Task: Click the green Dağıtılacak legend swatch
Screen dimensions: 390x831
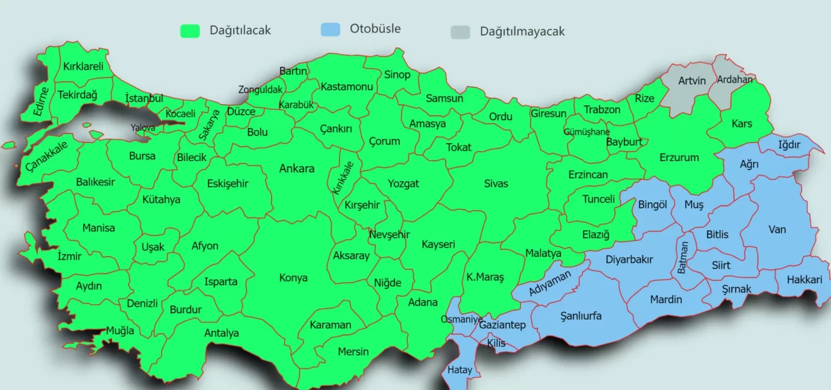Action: tap(190, 31)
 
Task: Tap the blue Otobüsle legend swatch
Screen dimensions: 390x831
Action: tap(330, 29)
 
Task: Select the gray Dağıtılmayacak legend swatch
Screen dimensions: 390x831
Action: tap(460, 32)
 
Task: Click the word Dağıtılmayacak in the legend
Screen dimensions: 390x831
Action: tap(522, 31)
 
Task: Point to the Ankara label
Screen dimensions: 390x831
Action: tap(297, 169)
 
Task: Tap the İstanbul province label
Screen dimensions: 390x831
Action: tap(144, 98)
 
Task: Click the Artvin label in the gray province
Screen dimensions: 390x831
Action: tap(692, 81)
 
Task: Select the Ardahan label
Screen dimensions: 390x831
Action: tap(734, 80)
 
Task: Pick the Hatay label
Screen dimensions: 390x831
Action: tap(460, 370)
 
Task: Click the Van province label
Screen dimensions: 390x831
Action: tap(777, 230)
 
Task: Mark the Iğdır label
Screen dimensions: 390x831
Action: tap(789, 145)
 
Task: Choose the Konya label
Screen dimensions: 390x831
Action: tap(293, 277)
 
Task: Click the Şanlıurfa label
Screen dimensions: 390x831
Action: tap(580, 316)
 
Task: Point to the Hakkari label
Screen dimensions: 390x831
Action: tap(804, 279)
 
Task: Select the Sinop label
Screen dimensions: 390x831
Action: tap(397, 75)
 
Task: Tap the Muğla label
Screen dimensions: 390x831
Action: tap(120, 331)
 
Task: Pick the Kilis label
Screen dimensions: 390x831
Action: tap(496, 343)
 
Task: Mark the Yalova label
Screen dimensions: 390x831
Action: tap(143, 128)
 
